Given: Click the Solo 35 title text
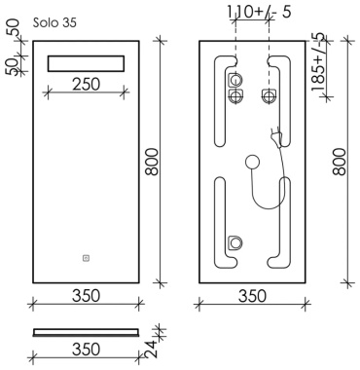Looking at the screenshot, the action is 54,22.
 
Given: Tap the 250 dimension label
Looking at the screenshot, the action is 87,85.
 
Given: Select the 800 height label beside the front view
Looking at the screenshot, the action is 152,162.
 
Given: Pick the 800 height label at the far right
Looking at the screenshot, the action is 340,162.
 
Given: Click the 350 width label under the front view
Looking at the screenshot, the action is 87,296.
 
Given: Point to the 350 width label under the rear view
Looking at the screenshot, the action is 252,296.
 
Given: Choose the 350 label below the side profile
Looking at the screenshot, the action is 87,350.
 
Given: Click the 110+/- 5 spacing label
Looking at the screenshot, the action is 259,12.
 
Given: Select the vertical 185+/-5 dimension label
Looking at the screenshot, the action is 318,61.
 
